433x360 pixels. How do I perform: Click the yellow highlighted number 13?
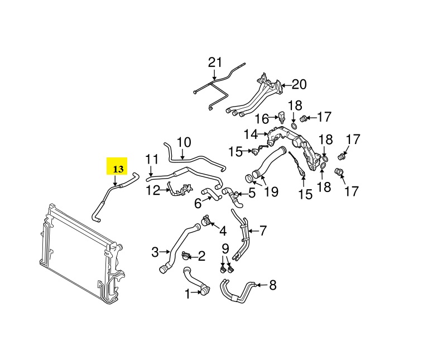118,167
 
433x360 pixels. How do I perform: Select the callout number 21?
215,63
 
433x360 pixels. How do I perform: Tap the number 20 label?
299,85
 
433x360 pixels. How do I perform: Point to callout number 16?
262,119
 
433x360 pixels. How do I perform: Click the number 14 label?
250,135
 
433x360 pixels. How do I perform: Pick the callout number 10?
184,142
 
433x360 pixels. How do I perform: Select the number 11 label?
152,160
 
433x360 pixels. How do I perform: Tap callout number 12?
153,190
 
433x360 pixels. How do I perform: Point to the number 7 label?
263,229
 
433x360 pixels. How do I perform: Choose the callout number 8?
272,285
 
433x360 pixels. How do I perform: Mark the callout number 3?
155,252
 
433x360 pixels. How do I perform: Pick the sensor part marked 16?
282,118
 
